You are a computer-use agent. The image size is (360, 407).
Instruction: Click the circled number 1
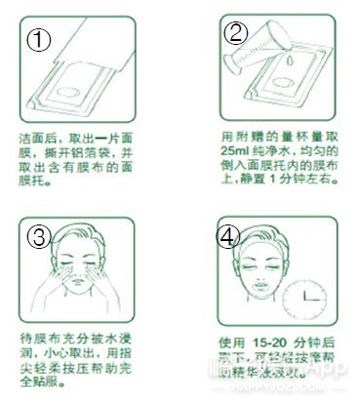point(37,40)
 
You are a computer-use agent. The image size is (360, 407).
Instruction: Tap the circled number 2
point(236,32)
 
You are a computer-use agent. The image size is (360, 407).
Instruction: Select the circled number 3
point(37,237)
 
